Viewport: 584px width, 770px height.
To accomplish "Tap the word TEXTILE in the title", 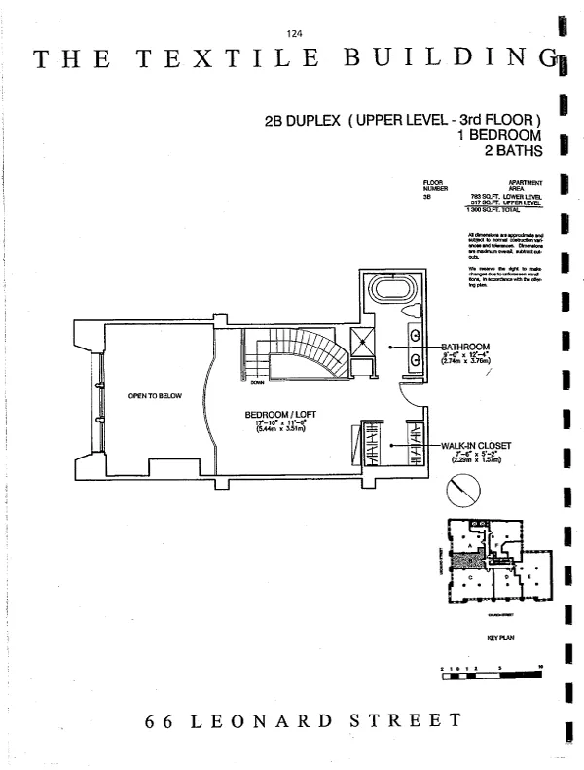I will (x=229, y=58).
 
